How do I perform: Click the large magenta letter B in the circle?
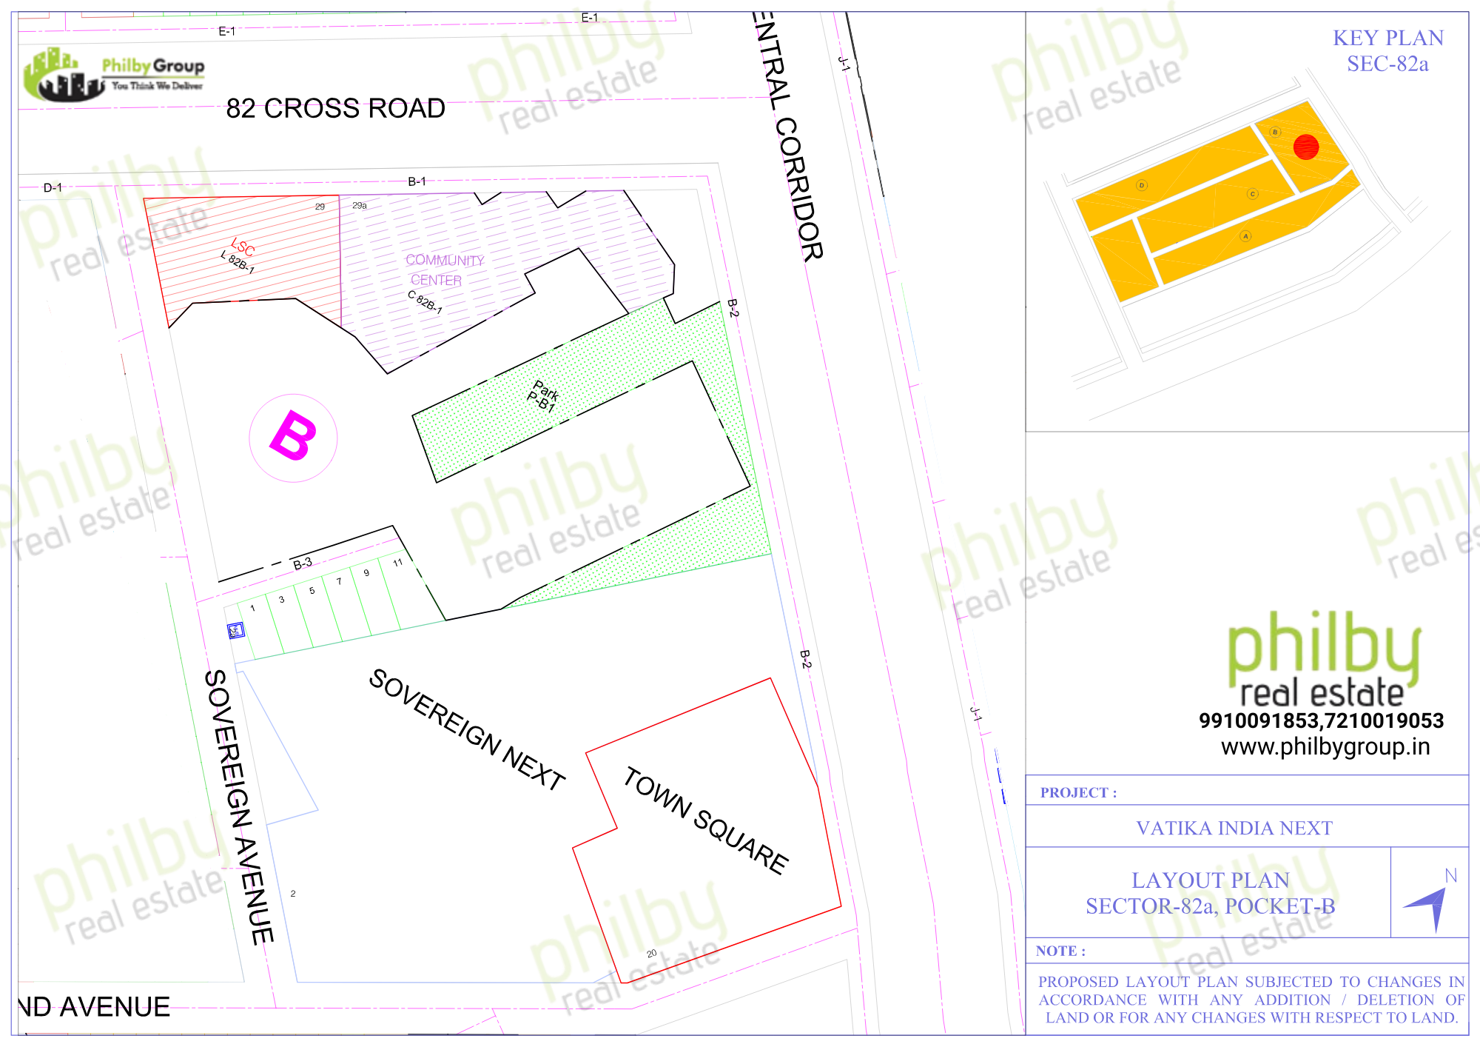[x=294, y=437]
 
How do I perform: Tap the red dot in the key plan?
[x=1306, y=147]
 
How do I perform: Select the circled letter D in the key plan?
[x=1142, y=185]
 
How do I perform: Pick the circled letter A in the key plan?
[x=1246, y=236]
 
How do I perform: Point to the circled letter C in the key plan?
[x=1253, y=194]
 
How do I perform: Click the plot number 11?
[x=397, y=563]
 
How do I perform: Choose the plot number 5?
[x=312, y=591]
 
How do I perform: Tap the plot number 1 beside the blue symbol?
[x=253, y=609]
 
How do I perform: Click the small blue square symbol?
[x=235, y=630]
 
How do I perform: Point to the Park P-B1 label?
[x=544, y=395]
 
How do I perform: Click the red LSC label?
[x=243, y=247]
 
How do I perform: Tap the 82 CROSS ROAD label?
[x=335, y=109]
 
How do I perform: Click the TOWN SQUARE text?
[x=706, y=820]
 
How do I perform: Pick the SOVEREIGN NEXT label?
[x=467, y=729]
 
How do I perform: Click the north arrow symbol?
[x=1427, y=906]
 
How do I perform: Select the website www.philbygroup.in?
[x=1325, y=746]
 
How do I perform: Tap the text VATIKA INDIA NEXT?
[x=1234, y=828]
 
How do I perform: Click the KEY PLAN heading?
[x=1388, y=38]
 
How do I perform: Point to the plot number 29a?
[x=360, y=206]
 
